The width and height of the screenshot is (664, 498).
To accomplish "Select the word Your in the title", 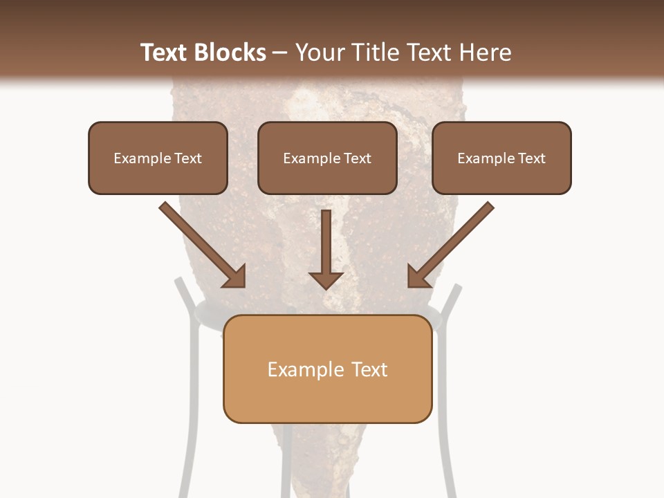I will click(320, 53).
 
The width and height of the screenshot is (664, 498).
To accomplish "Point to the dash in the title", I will click(279, 53).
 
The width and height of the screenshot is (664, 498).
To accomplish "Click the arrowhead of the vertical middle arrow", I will click(326, 279).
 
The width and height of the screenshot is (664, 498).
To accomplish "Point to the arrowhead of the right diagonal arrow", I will click(418, 277).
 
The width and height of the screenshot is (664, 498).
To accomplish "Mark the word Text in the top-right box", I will click(532, 158).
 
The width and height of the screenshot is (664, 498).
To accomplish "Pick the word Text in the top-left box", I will click(188, 158).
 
